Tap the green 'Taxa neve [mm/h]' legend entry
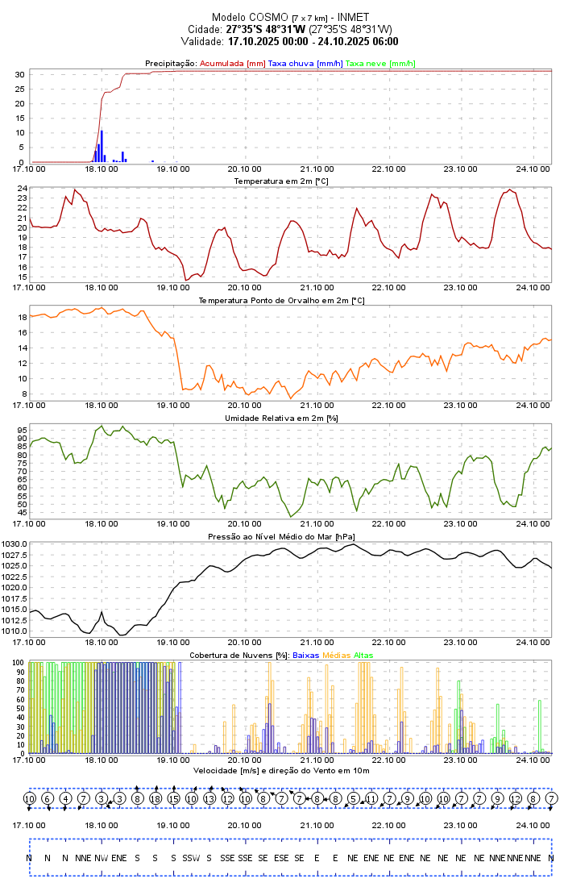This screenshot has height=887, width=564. (x=380, y=63)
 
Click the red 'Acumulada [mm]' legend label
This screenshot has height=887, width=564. (x=232, y=63)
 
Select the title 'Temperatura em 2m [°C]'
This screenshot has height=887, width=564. (x=281, y=181)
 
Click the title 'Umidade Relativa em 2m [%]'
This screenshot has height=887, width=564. (x=281, y=418)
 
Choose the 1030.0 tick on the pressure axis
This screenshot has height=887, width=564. (x=15, y=544)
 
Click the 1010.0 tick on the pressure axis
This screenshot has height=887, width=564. (x=15, y=631)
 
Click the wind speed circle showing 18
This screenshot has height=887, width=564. (x=156, y=798)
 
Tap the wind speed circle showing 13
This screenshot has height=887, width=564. (x=209, y=798)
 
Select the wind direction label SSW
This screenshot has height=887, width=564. (x=191, y=857)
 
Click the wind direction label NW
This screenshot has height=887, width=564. (x=101, y=857)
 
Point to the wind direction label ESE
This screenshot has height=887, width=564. (x=281, y=857)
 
